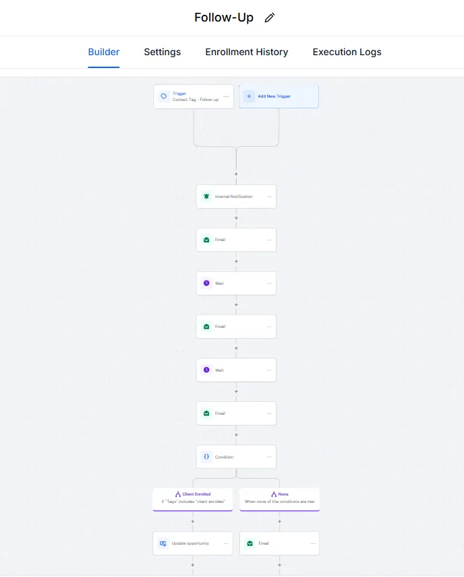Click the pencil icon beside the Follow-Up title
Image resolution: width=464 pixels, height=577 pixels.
coord(270,18)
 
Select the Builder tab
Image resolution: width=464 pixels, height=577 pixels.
coord(104,52)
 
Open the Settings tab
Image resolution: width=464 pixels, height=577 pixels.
coord(162,52)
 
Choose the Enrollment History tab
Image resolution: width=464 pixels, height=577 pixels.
coord(247,52)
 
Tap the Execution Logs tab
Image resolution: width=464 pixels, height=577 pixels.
coord(347,52)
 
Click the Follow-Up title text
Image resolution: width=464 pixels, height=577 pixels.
coord(224,18)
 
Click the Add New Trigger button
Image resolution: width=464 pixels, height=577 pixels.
coord(279,96)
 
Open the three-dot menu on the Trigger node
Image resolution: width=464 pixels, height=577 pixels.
coord(226,96)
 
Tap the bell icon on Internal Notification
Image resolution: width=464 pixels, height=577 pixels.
coord(206,197)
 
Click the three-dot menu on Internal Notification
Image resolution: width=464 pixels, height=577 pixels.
coord(269,197)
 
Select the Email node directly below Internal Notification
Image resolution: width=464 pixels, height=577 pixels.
coord(236,240)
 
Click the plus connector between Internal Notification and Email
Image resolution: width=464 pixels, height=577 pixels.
coord(236,218)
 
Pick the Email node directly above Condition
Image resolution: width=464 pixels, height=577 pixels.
coord(236,413)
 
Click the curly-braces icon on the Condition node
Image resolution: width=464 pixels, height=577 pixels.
coord(206,456)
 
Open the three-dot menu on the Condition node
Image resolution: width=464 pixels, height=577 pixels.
coord(269,456)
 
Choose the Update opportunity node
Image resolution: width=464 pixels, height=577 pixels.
coord(192,543)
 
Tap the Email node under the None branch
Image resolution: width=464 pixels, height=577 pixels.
coord(279,543)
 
